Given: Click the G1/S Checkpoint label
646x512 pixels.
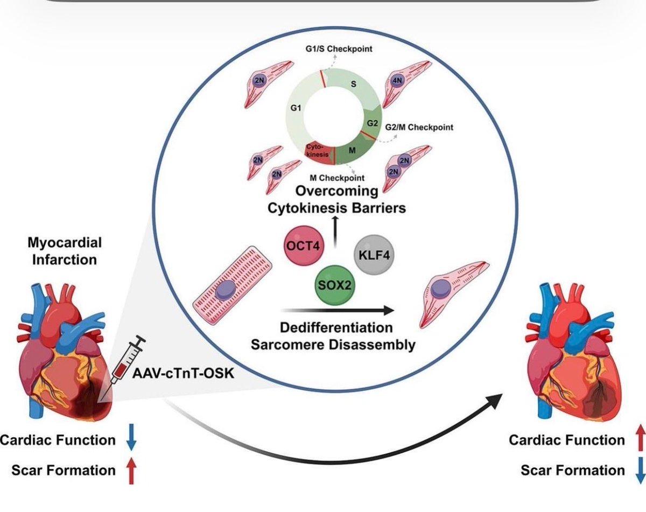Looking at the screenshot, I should click(x=342, y=50).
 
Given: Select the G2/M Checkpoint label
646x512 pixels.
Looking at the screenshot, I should click(x=419, y=128).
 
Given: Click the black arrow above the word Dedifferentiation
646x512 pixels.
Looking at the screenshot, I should click(x=336, y=310).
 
